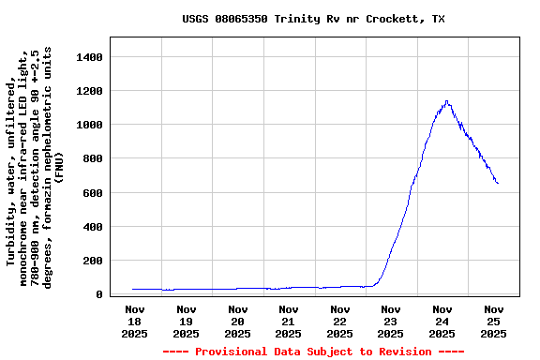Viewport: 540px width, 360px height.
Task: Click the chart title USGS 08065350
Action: point(313,19)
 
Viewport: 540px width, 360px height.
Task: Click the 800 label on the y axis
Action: point(91,158)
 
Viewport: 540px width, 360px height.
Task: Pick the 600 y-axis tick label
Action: point(91,193)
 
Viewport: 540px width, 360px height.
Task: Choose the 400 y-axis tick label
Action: point(91,227)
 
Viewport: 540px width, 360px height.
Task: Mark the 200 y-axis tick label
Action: point(91,261)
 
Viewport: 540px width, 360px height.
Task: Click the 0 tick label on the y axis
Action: point(98,294)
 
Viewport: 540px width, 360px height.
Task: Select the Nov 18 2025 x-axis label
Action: point(135,321)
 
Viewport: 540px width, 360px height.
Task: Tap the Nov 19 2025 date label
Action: point(187,321)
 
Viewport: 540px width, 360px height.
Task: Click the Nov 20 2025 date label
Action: point(237,321)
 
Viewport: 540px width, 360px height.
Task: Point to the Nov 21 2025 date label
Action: point(289,321)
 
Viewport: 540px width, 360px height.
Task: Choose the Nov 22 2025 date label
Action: point(340,321)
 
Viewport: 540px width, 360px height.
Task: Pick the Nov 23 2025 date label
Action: point(391,321)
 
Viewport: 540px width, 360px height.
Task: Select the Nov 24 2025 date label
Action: point(442,321)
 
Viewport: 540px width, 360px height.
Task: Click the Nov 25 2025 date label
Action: point(494,321)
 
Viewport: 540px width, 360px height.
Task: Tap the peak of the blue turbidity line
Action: point(447,101)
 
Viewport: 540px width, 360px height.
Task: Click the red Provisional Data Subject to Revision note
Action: point(313,352)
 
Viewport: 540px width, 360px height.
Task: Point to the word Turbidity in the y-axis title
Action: point(12,232)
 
